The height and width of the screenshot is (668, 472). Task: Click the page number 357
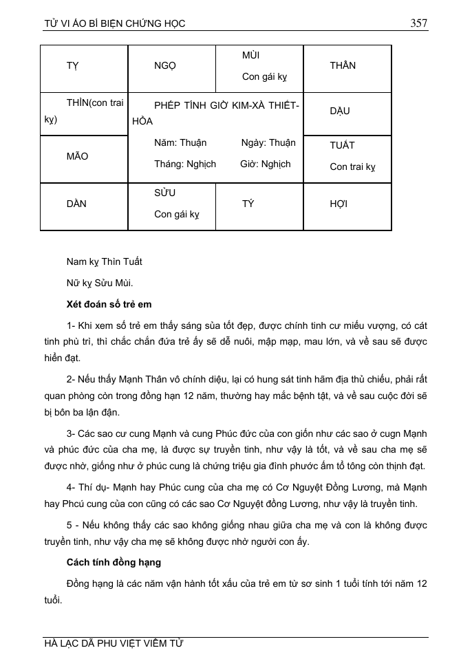tap(418, 23)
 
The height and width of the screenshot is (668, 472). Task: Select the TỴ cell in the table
tap(72, 66)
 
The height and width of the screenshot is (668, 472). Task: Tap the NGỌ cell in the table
tap(165, 66)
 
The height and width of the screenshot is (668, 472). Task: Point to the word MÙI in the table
tap(250, 55)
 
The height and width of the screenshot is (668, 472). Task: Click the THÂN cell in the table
tap(343, 66)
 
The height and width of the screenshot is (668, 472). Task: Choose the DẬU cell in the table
tap(340, 111)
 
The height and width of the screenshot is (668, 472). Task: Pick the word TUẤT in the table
tap(342, 145)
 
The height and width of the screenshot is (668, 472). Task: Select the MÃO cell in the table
tap(77, 156)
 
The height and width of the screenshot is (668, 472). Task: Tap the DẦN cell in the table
tap(76, 204)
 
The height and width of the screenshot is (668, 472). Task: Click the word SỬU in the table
tap(165, 193)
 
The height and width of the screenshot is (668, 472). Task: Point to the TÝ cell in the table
tap(248, 204)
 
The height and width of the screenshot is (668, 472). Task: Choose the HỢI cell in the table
tap(339, 204)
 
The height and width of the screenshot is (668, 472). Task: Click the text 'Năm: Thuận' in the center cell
tap(180, 143)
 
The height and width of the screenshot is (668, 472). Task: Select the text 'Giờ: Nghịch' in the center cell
tap(266, 164)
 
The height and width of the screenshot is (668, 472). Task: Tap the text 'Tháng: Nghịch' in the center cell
tap(185, 164)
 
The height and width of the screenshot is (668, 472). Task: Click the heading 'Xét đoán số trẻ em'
tap(109, 304)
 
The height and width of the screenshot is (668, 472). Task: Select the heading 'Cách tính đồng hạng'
tap(114, 562)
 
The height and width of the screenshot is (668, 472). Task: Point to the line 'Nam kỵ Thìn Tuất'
tap(104, 261)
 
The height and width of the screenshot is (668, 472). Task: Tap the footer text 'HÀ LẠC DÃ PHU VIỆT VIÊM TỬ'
tap(114, 644)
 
